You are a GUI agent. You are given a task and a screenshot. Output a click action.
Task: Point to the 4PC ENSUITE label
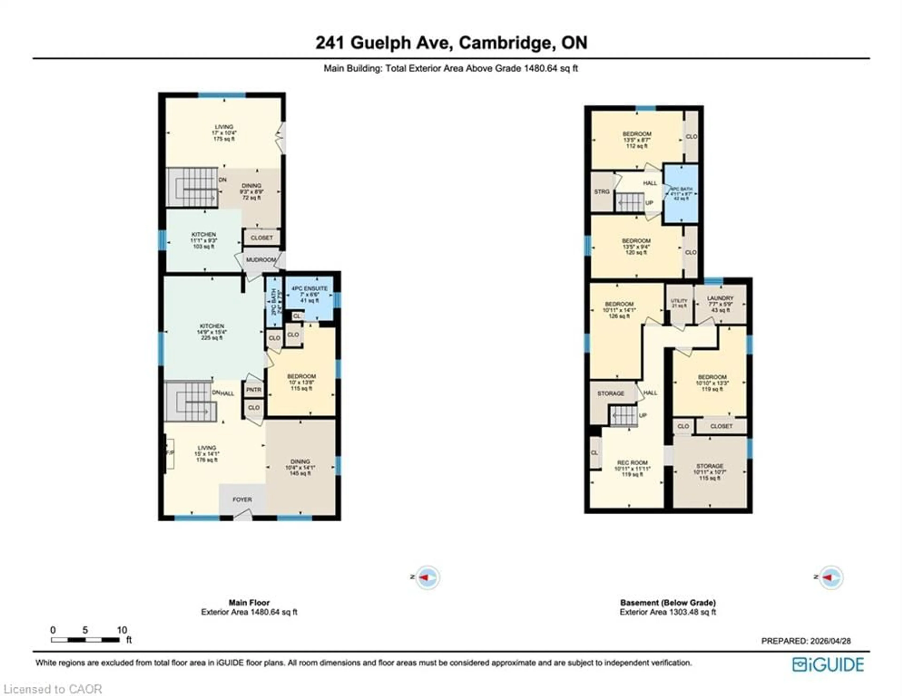(309, 288)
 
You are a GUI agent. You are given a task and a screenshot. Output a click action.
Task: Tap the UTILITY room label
(679, 301)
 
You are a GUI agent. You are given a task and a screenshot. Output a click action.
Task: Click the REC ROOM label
(632, 463)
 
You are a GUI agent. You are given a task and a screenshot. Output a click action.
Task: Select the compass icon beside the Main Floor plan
(428, 577)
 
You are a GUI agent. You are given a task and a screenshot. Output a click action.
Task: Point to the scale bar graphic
(85, 640)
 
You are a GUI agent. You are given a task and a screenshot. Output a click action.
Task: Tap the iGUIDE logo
(828, 665)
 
